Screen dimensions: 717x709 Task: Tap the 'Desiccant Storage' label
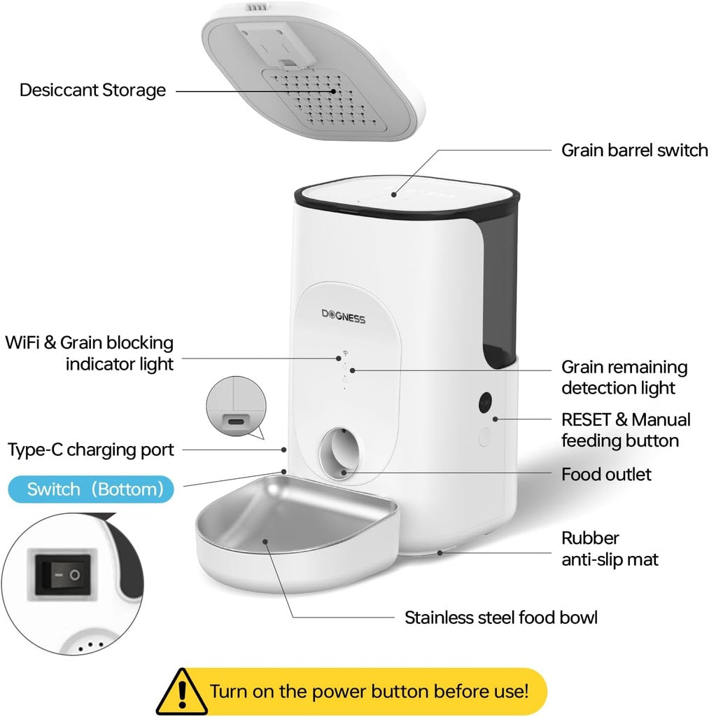(x=92, y=90)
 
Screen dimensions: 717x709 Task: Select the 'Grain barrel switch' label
(x=634, y=151)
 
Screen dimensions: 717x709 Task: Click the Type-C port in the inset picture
(x=234, y=422)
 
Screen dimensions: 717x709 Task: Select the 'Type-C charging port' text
(x=90, y=450)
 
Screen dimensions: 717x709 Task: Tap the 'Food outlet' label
(x=606, y=475)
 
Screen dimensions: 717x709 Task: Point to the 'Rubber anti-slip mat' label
(x=610, y=549)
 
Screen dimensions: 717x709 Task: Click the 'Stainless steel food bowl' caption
(x=501, y=618)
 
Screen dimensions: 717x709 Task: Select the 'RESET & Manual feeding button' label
(x=626, y=430)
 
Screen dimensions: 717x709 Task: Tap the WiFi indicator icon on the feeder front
(x=344, y=354)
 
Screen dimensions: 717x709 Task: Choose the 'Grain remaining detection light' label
(x=624, y=377)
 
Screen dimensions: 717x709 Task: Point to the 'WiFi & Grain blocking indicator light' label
(x=90, y=353)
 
